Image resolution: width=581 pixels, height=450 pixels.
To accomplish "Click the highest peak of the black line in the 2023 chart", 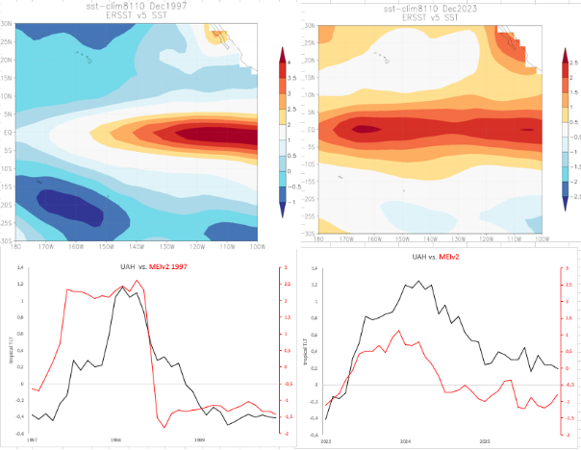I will point(418,282).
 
